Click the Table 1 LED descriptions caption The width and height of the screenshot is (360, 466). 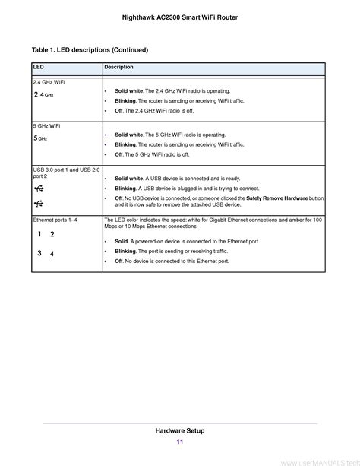tap(90, 50)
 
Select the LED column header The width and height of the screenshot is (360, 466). tap(38, 68)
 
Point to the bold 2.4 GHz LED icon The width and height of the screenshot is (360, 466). tap(44, 95)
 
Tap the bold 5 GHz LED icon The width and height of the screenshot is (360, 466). tap(41, 139)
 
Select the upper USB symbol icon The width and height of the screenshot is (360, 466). tap(39, 189)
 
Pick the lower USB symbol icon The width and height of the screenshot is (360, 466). tap(39, 203)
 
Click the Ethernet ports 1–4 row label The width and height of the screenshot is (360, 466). tap(55, 219)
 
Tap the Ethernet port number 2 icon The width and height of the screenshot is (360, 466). tap(52, 235)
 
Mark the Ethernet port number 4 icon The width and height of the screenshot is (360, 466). tap(52, 253)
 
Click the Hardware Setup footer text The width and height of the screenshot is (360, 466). tap(179, 431)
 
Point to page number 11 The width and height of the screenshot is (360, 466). tap(179, 442)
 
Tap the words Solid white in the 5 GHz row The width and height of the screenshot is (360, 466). tap(129, 135)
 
